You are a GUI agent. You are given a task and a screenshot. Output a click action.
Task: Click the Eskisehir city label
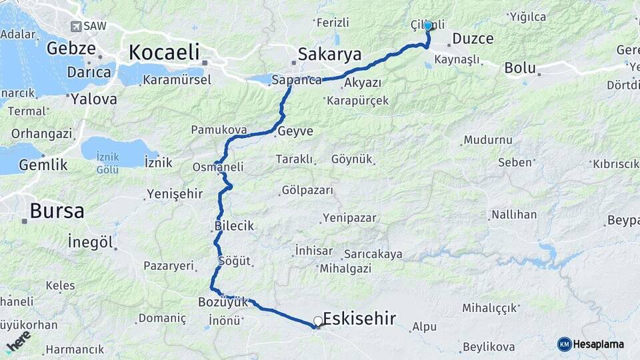click(x=359, y=318)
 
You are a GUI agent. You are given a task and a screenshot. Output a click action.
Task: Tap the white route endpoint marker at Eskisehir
click(x=318, y=321)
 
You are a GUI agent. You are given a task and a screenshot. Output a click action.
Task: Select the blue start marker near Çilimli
click(x=428, y=26)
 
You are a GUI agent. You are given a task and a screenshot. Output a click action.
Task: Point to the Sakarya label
click(x=329, y=55)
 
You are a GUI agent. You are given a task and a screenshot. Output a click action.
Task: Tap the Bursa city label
click(x=57, y=211)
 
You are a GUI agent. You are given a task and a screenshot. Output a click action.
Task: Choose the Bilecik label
click(x=235, y=226)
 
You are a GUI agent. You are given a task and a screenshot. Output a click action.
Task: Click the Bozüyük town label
click(x=223, y=302)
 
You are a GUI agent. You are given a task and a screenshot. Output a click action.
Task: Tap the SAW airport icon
click(x=75, y=25)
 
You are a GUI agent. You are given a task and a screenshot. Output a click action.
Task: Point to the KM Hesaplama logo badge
click(x=591, y=344)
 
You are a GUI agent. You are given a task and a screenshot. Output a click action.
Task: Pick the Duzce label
click(x=473, y=39)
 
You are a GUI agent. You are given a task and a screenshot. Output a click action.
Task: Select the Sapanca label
click(x=297, y=80)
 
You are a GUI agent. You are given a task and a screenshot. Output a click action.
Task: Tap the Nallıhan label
click(x=513, y=215)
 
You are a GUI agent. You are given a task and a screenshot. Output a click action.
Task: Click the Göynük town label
click(x=351, y=159)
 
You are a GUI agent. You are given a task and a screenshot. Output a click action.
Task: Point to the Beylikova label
click(x=489, y=347)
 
